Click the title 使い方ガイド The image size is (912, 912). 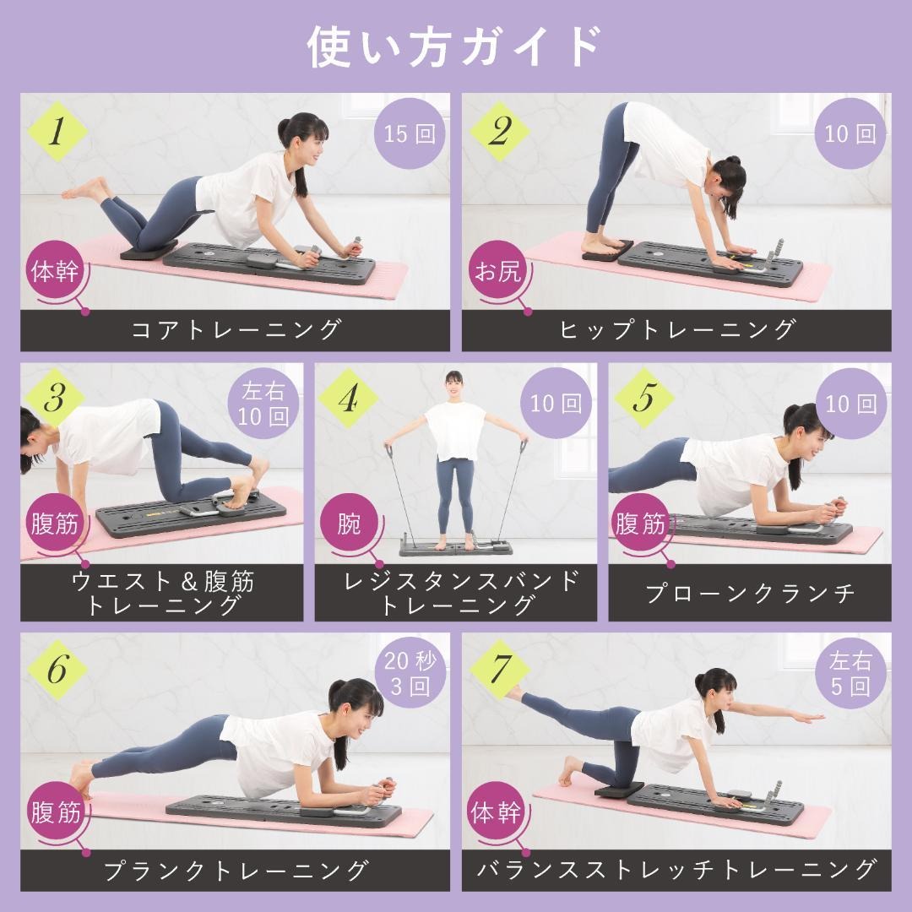[455, 46]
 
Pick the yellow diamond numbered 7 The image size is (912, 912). [499, 670]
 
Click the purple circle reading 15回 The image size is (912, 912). [410, 134]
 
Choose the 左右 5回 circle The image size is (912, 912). [850, 673]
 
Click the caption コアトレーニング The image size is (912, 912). [236, 330]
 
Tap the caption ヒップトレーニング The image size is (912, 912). [676, 330]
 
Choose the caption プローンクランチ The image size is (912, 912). [750, 593]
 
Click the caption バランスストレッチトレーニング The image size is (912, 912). [676, 869]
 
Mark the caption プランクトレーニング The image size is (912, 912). [236, 869]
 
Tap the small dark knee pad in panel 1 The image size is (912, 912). [149, 248]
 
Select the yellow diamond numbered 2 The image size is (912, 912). [499, 132]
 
